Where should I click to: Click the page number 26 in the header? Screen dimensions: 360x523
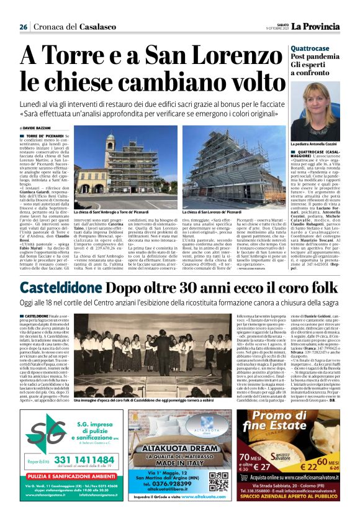[x=24, y=27]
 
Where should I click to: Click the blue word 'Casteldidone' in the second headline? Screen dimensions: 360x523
[x=61, y=288]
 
